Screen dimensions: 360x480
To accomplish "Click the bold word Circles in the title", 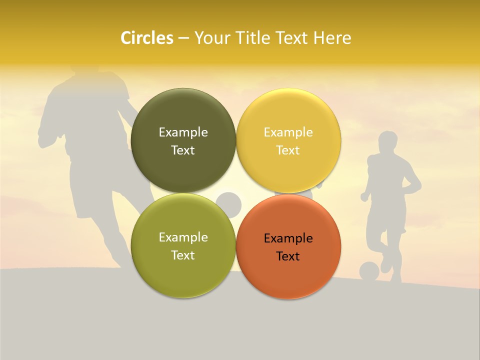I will pos(146,38).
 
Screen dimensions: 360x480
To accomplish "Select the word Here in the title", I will pos(332,38).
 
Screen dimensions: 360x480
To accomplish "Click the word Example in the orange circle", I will pos(288,238).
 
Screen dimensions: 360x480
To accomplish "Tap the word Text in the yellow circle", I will pos(288,150).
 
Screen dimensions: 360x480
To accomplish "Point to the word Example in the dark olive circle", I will pos(183,132).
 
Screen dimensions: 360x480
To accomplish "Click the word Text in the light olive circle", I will pos(183,255).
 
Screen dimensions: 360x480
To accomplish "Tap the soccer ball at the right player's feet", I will pos(369,271).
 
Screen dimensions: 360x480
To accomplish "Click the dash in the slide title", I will pos(183,38).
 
